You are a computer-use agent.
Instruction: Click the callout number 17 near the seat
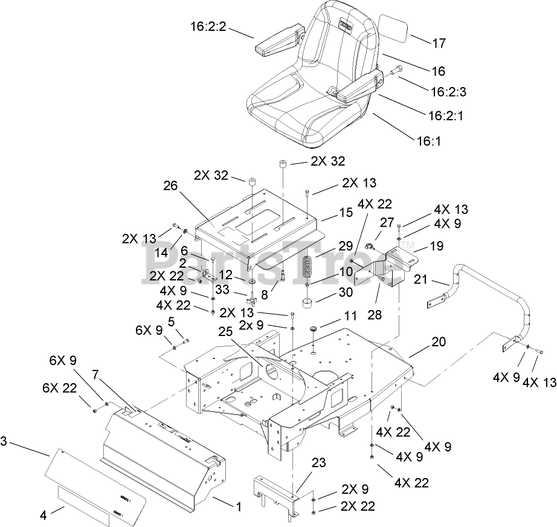tap(439, 43)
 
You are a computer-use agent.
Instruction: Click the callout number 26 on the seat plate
tap(171, 186)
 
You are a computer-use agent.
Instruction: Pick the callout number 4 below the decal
tap(43, 516)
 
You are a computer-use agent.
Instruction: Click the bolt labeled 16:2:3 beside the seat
tap(396, 71)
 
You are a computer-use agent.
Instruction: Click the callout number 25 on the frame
tap(225, 332)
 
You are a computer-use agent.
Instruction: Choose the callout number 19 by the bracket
tap(436, 246)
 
